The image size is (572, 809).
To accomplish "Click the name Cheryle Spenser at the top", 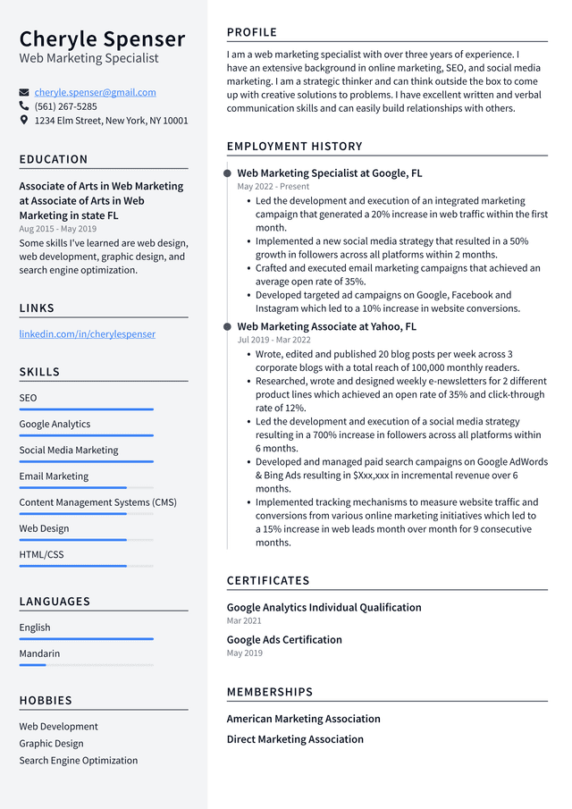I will coord(102,39).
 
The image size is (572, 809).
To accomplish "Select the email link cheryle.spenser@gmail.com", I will coord(95,92).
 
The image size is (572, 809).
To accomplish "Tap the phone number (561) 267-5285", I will coord(65,106).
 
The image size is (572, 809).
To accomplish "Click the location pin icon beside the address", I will coord(24,120).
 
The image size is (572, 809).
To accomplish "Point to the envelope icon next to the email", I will coord(24,92).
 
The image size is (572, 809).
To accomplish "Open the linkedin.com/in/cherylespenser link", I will coord(87,334).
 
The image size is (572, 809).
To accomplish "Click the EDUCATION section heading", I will coord(54,159).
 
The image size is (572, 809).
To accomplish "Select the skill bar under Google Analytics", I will coord(86,435).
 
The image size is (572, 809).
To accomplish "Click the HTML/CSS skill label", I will coord(41,554).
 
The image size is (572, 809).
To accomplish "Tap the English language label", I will coord(35,628).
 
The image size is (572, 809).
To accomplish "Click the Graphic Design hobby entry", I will coord(52,744).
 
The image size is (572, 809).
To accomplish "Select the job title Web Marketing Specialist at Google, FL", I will coord(329,173).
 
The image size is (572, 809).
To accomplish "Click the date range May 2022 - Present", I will coord(273,187).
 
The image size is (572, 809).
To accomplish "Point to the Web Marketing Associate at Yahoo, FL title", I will coord(326,327).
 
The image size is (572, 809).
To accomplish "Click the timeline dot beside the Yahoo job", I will coord(228,327).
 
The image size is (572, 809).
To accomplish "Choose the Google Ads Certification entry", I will coord(284,640).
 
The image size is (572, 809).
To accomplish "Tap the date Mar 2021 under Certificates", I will coord(244,620).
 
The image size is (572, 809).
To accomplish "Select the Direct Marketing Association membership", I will coord(295,739).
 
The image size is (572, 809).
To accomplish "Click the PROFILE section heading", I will coord(251,32).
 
